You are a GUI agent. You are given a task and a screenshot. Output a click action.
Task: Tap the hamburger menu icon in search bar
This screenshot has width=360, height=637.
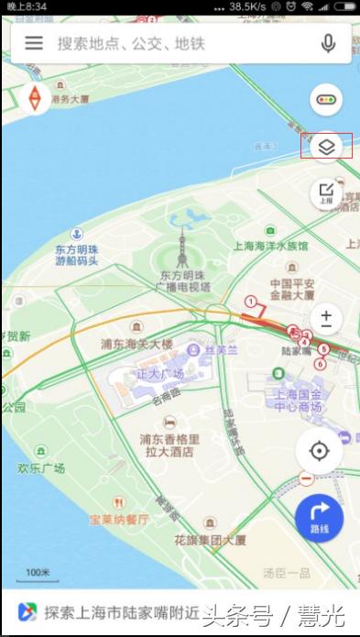pos(34,43)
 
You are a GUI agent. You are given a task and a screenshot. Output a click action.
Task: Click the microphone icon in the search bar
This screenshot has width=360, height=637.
pos(328,43)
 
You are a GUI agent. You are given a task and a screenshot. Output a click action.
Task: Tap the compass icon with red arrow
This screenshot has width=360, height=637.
pos(35,98)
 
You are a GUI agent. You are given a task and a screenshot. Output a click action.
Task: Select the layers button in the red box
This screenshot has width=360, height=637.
pos(327,146)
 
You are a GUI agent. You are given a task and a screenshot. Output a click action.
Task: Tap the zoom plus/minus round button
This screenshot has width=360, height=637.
pos(326,319)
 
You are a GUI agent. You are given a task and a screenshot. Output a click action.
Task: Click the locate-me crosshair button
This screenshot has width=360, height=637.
pos(319,451)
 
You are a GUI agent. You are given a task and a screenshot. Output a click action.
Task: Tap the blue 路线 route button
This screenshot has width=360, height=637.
pos(319,519)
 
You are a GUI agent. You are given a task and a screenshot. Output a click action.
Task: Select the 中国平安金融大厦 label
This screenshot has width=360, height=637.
pos(292,290)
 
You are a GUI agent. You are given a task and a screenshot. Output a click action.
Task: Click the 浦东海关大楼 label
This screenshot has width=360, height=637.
pos(136,344)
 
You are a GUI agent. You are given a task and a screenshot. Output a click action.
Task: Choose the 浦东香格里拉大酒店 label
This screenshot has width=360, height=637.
pos(169,445)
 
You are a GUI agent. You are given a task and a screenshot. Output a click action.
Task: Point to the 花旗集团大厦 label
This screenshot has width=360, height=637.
pos(210,540)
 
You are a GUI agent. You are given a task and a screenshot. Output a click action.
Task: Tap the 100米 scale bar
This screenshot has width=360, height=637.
pos(37,574)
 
